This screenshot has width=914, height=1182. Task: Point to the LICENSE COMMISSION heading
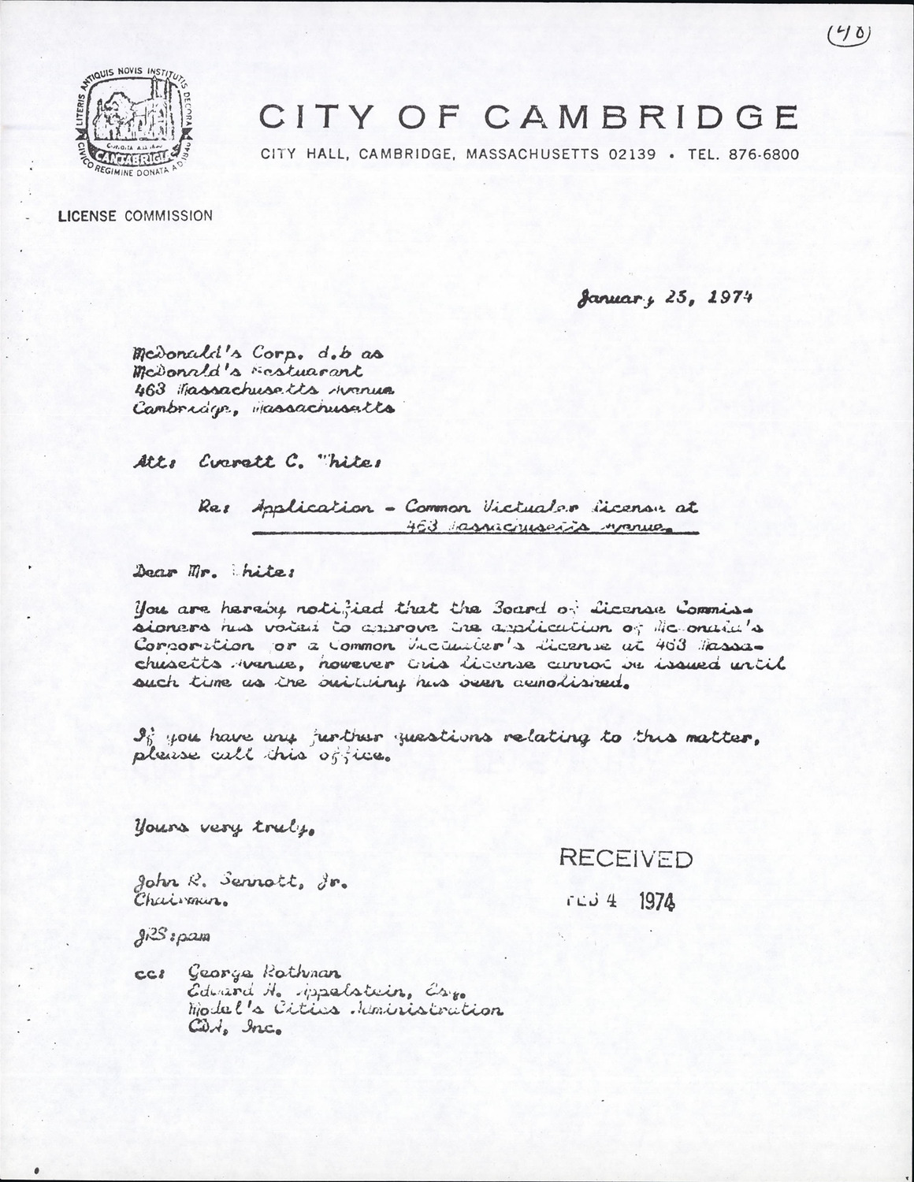click(135, 216)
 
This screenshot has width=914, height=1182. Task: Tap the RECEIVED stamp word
click(626, 859)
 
